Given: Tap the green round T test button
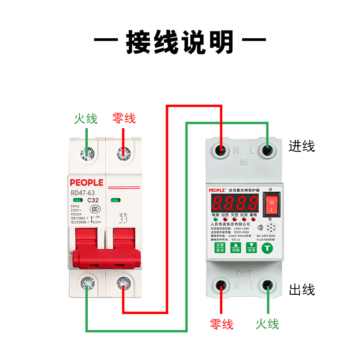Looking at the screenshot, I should pos(268,247).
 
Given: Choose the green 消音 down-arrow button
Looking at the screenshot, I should pos(251,247).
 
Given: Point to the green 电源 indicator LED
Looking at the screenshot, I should pos(215,220).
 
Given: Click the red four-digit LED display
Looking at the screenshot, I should pos(234,203).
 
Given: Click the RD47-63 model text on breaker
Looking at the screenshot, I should pos(82,193).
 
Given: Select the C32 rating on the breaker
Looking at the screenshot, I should pos(93,201).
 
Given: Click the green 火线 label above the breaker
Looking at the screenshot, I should pos(86,119).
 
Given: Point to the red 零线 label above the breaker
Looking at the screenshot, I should pos(124,119).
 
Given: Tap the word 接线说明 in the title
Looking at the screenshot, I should pos(180,43).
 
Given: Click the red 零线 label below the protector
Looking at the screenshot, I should pos(221,324).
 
